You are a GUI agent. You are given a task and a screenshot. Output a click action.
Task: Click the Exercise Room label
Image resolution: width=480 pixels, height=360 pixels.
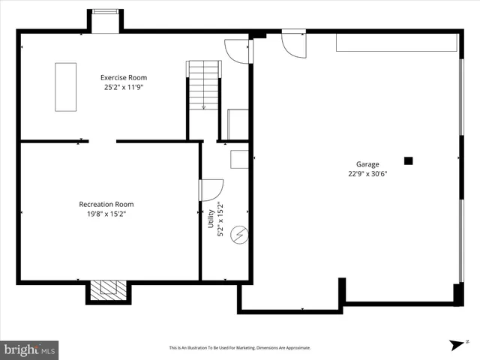(x=124, y=77)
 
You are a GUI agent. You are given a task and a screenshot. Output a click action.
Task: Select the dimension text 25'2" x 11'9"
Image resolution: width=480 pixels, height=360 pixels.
(x=124, y=87)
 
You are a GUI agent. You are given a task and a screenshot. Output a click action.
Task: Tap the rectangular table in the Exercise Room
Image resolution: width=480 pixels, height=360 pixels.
(x=66, y=87)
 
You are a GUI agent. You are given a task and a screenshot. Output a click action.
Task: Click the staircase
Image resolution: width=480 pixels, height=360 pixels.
(x=203, y=86)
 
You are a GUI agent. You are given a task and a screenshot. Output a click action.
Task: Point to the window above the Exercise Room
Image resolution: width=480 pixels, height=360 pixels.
(x=105, y=13)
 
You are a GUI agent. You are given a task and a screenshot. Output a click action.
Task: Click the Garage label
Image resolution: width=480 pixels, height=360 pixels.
(x=367, y=164)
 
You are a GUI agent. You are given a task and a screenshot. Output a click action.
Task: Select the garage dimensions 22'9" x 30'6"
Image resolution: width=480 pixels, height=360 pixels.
(x=367, y=174)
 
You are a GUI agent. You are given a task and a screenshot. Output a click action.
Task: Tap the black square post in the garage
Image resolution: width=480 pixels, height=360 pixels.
(x=409, y=160)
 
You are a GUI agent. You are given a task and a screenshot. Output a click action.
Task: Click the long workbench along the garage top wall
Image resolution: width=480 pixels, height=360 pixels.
(x=396, y=43)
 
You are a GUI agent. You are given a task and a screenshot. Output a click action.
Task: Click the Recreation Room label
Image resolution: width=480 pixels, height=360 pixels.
(x=106, y=204)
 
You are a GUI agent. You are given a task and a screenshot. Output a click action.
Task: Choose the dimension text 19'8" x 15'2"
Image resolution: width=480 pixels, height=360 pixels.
(x=106, y=214)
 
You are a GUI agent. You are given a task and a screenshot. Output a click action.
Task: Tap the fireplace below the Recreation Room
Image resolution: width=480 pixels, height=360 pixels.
(x=108, y=290)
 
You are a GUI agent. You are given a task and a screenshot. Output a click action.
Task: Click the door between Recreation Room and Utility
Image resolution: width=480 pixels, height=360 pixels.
(x=210, y=190)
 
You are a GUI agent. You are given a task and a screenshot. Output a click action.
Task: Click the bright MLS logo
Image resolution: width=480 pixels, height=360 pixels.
(x=30, y=349)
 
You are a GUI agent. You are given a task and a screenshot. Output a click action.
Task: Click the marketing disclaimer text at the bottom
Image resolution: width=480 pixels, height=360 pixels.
(x=239, y=348)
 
